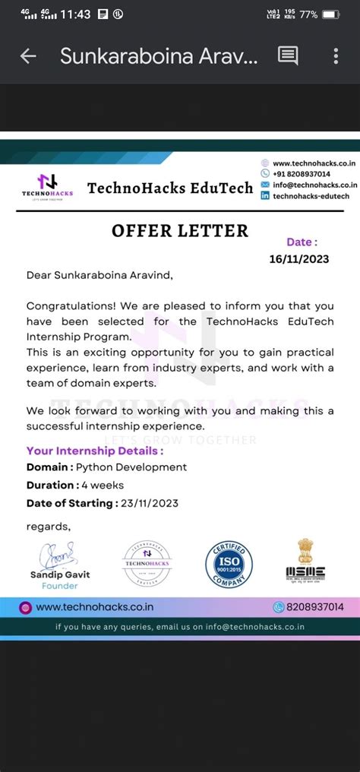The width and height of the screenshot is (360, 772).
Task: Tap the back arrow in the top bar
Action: (x=28, y=55)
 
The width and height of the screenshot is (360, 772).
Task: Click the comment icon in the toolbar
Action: (x=288, y=55)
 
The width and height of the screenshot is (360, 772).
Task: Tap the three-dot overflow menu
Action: (x=336, y=55)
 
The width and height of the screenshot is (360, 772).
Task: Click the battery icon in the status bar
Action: (x=330, y=14)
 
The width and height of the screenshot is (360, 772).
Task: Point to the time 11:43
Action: (x=75, y=14)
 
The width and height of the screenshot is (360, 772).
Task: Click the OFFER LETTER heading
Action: (x=180, y=230)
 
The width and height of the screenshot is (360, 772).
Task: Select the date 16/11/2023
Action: (x=299, y=259)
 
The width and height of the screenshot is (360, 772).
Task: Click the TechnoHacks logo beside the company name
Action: (x=47, y=186)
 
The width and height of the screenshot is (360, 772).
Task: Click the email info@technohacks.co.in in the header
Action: (x=314, y=185)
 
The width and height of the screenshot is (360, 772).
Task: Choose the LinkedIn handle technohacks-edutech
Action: (x=310, y=195)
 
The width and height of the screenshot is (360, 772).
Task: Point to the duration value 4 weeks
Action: (x=103, y=485)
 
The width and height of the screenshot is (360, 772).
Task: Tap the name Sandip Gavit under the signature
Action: (x=60, y=575)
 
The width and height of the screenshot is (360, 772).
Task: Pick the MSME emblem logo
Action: (x=305, y=562)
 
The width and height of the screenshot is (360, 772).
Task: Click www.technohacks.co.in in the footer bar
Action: (x=95, y=606)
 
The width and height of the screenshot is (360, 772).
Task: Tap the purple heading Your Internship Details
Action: (x=95, y=451)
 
